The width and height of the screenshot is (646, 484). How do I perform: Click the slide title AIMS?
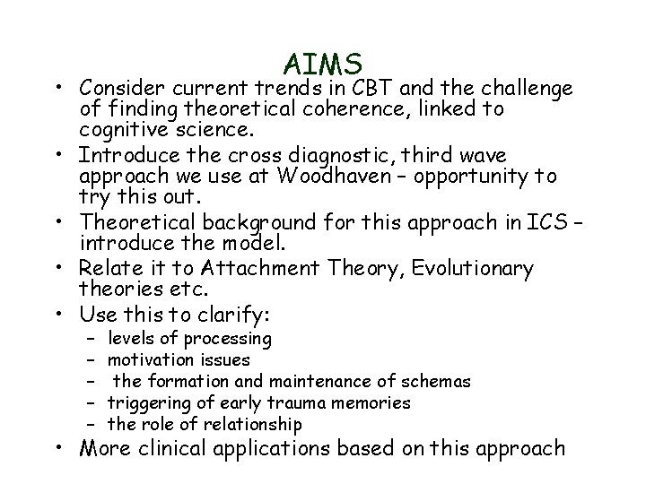[x=323, y=64]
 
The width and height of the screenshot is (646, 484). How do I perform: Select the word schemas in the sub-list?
[x=438, y=382]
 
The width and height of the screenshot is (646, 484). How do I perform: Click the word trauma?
[x=312, y=403]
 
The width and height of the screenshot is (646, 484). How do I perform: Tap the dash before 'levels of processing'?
[x=92, y=339]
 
